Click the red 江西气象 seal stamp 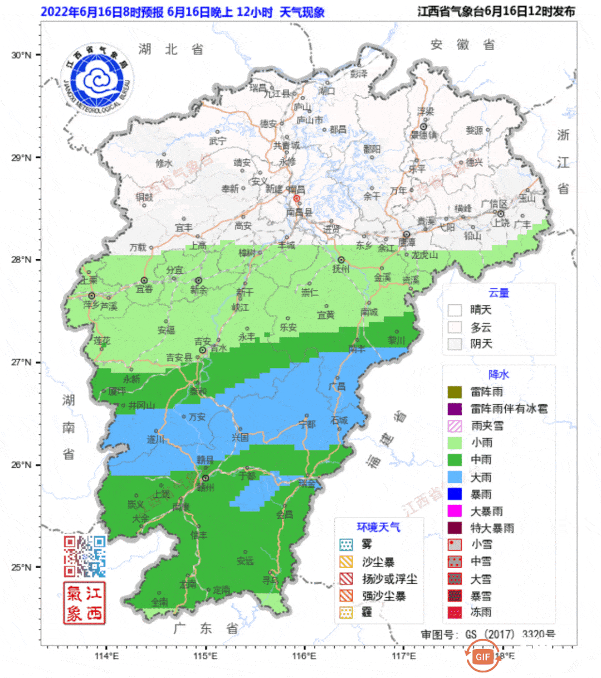[85, 603]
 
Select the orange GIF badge [483, 656]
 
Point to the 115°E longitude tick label [206, 656]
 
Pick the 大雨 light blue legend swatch [455, 477]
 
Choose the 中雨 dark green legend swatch [455, 459]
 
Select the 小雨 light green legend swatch [455, 443]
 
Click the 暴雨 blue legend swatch [455, 494]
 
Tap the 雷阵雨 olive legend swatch [455, 392]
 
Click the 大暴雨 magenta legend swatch [455, 511]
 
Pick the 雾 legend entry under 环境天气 [346, 544]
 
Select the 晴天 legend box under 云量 [455, 310]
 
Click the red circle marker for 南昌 [297, 198]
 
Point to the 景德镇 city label [424, 135]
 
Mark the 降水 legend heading [499, 375]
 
